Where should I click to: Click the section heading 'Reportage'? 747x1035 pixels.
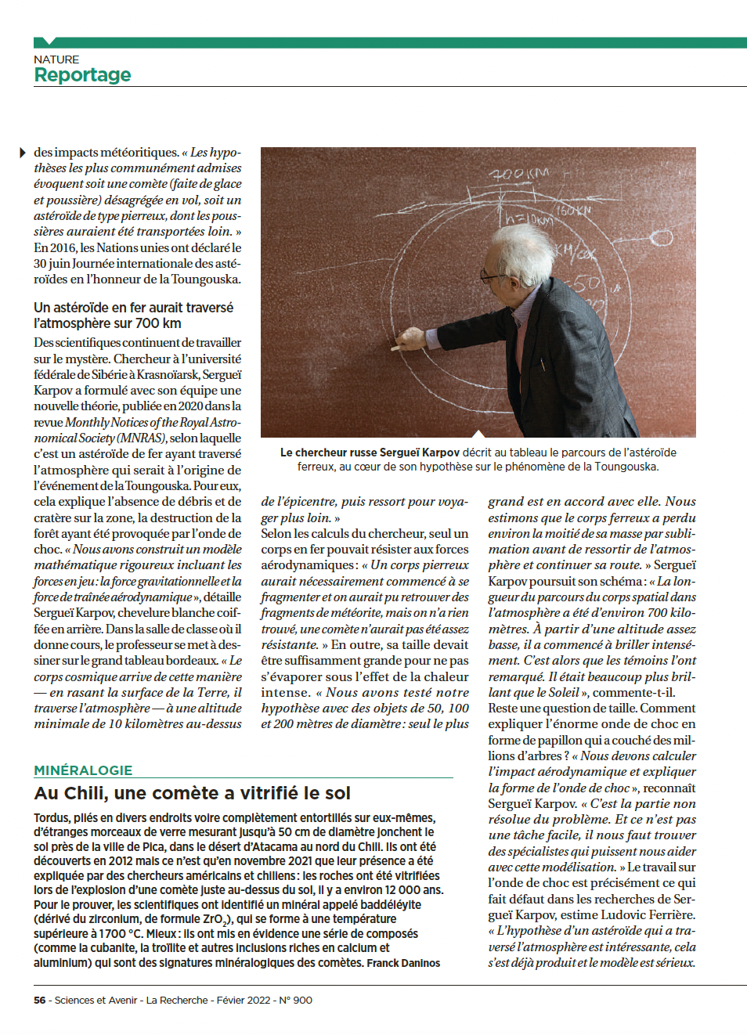point(82,75)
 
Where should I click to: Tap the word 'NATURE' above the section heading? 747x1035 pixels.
point(56,60)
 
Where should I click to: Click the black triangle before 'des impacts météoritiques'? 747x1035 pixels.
point(23,152)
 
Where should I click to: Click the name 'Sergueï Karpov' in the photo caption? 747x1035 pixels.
point(419,453)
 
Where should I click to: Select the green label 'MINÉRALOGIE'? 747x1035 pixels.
point(83,770)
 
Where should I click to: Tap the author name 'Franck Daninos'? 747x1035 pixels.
point(403,963)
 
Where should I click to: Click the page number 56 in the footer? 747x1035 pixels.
point(40,1000)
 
